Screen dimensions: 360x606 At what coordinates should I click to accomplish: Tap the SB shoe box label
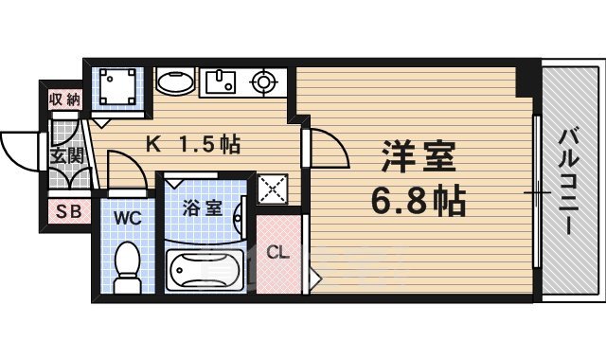coord(66,211)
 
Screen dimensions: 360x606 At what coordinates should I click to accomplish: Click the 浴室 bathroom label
coord(202,207)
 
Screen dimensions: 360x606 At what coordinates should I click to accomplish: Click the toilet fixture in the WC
coord(125,265)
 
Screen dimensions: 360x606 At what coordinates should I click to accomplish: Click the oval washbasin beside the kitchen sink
coord(174,81)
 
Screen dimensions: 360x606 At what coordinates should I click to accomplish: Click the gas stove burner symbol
coord(263,82)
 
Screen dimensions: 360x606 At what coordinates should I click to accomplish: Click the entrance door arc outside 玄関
coord(21,153)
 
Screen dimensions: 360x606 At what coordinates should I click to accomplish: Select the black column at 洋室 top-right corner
coord(526,81)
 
